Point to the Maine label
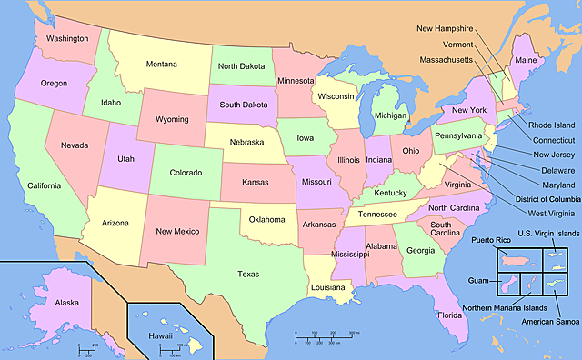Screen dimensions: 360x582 click(526, 60)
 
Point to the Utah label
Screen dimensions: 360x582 click(126, 158)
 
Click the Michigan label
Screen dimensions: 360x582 click(391, 116)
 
